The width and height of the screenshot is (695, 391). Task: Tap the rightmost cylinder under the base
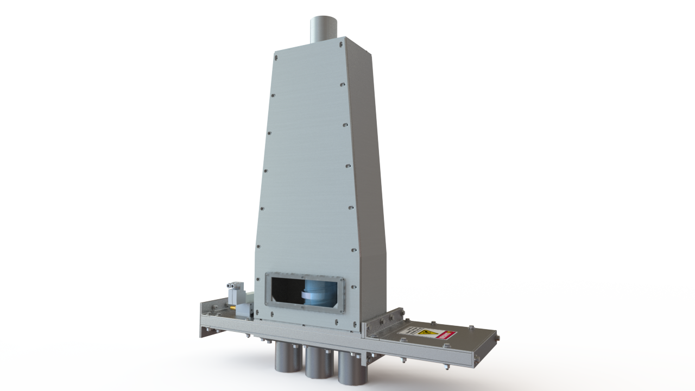point(352,369)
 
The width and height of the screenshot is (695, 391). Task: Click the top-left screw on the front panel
point(276,55)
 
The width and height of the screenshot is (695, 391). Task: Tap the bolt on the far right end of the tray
point(497,339)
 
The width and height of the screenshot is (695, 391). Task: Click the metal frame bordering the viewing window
point(304,275)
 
